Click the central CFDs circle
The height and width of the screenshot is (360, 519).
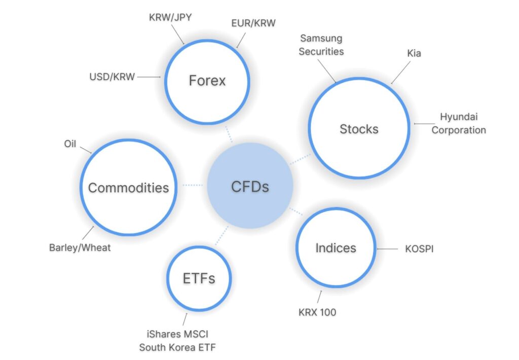tap(250, 186)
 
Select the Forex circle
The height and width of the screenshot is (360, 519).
tap(207, 81)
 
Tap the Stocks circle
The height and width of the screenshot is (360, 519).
tap(359, 129)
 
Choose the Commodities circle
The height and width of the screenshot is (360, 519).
tap(128, 188)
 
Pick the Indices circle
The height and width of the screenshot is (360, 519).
tap(336, 248)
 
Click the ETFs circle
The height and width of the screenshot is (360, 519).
tap(199, 278)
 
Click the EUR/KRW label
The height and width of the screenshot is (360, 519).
tap(253, 23)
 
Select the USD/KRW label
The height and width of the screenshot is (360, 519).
tap(112, 77)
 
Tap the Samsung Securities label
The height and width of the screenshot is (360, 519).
tap(321, 45)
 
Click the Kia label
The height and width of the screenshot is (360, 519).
tap(414, 53)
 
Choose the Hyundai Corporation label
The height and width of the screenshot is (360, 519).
tap(459, 123)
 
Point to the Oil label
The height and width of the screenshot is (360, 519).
tap(70, 144)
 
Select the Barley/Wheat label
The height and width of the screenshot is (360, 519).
tap(80, 248)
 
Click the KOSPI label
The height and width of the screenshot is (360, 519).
tap(419, 249)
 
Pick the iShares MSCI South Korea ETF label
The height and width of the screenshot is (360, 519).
tap(174, 341)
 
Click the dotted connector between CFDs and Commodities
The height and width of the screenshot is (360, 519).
tap(193, 185)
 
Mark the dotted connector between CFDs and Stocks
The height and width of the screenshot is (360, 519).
tap(300, 159)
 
